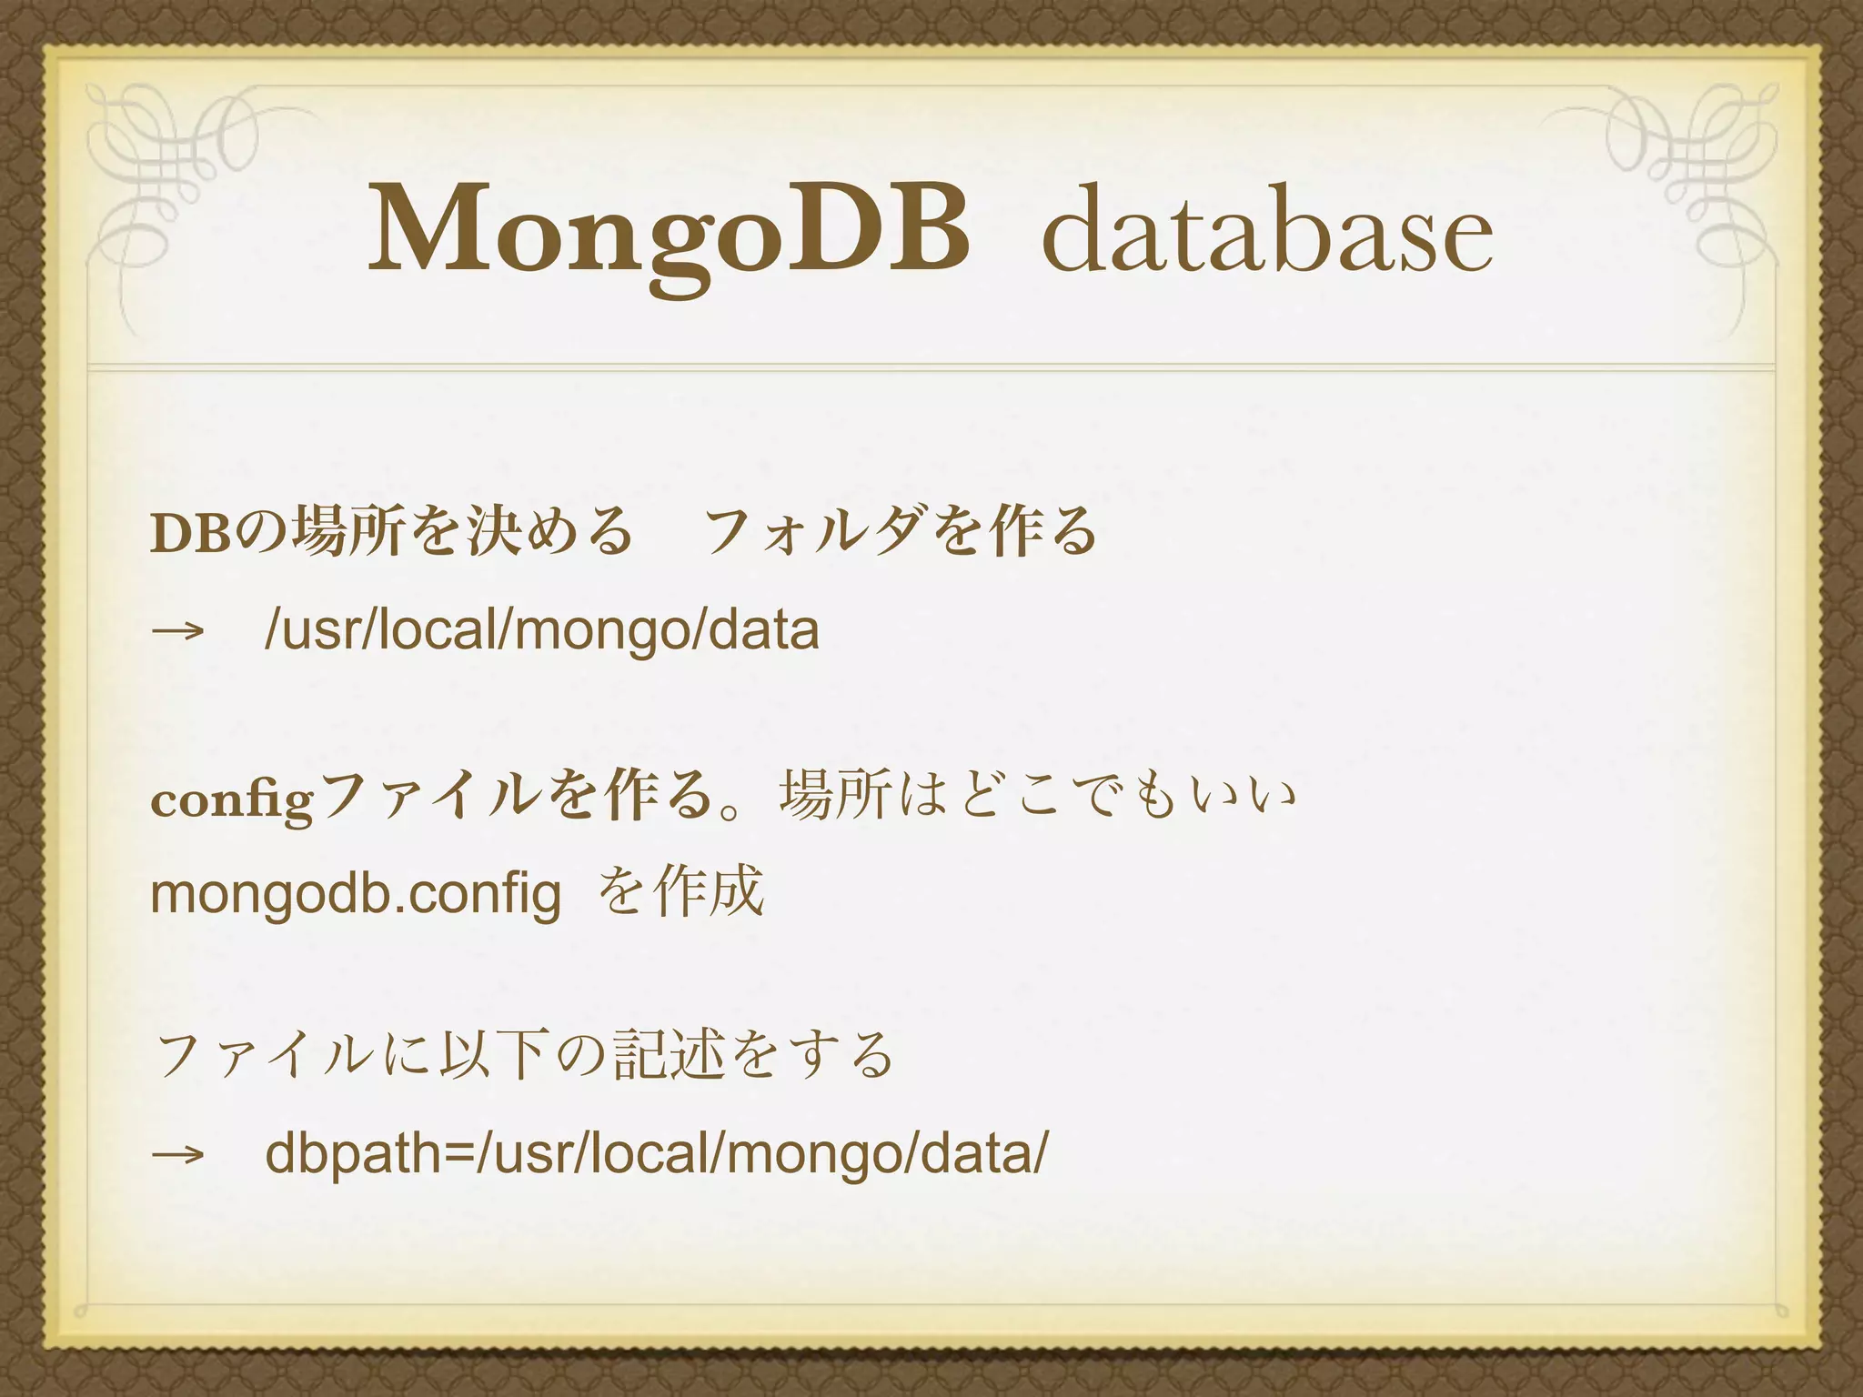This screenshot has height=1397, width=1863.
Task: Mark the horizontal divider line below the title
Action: pos(931,367)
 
